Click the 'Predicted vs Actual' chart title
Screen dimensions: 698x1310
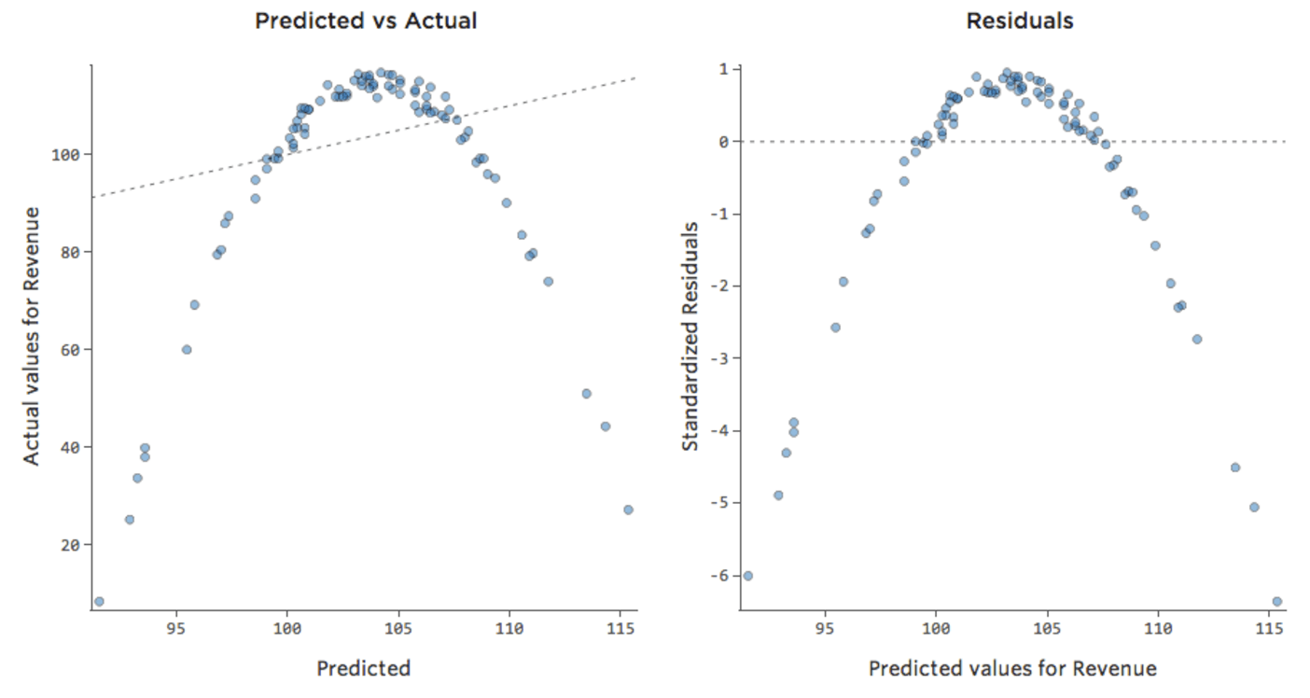366,21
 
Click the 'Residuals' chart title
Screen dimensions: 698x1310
1019,21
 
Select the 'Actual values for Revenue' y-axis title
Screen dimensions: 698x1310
33,336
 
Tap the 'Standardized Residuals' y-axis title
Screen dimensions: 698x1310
690,336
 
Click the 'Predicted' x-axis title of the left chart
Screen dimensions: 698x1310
363,668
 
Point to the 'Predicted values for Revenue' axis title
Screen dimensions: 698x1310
1012,668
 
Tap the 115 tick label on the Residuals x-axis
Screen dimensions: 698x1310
1269,629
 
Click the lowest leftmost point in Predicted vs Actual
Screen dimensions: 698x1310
99,602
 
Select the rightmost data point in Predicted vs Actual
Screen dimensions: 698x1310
628,510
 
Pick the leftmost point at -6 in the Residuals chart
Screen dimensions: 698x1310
747,576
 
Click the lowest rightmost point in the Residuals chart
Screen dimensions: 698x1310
1276,602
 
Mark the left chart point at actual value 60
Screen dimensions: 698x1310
187,350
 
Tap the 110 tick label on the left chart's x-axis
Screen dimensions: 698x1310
509,629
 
